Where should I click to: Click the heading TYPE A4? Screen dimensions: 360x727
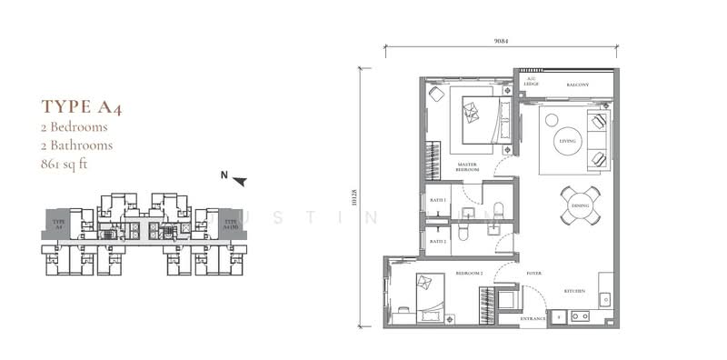(83, 107)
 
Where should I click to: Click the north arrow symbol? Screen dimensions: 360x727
(239, 180)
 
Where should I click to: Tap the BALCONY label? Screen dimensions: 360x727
(578, 85)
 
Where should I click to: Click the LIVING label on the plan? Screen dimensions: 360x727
(568, 142)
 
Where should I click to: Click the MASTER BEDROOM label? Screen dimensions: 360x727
(469, 166)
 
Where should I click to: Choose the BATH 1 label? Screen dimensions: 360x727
(438, 199)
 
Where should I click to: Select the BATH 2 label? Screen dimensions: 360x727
(438, 241)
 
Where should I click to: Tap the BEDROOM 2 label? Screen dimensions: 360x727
(469, 272)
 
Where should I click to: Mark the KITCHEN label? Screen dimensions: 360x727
(573, 291)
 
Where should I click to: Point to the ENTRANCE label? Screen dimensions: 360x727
(533, 319)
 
